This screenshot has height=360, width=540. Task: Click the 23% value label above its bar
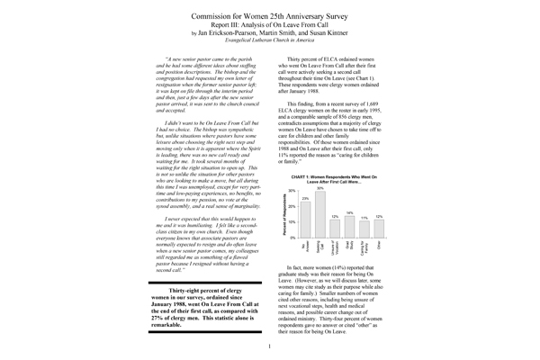(306, 198)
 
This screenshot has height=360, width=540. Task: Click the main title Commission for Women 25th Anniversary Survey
(271, 17)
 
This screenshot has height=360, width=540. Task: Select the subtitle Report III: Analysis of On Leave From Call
(271, 29)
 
